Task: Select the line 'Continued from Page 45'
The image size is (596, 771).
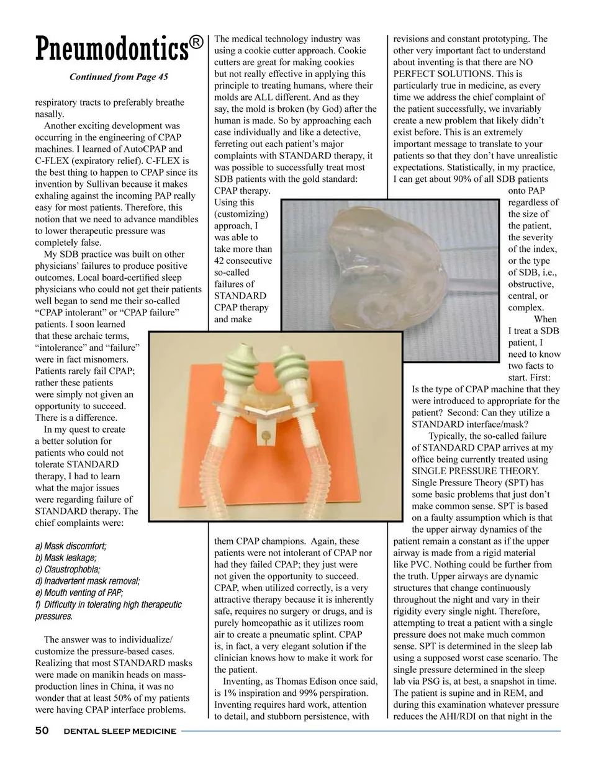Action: [x=119, y=78]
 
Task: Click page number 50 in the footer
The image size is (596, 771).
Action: [x=42, y=731]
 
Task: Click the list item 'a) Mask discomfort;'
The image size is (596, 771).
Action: [x=71, y=546]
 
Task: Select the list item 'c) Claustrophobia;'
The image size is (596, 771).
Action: [x=68, y=569]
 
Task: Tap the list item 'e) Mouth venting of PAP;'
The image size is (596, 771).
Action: [x=79, y=593]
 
